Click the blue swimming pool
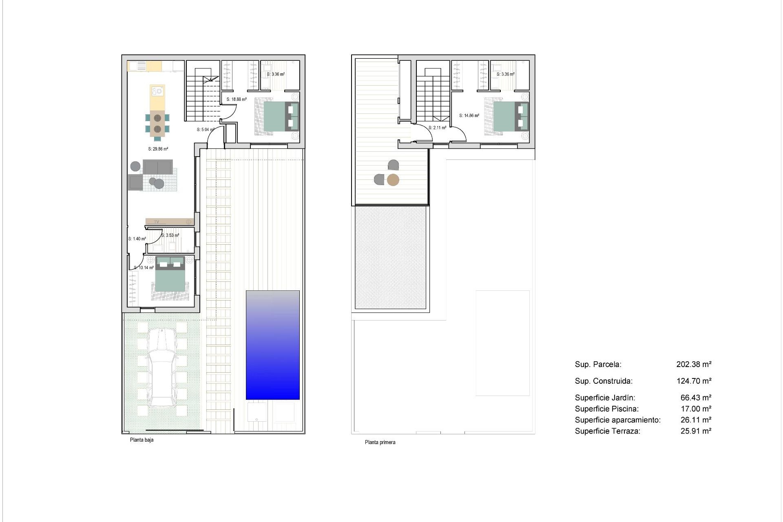point(272,345)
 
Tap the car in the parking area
point(162,369)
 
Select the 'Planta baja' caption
point(142,440)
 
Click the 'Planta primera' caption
point(380,442)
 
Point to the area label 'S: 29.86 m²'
point(158,149)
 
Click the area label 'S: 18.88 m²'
point(237,99)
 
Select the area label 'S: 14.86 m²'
point(469,115)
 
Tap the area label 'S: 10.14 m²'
point(144,268)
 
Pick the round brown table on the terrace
point(393,180)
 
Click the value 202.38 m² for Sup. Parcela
point(694,364)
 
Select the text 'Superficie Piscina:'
point(607,409)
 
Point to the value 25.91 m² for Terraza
point(696,431)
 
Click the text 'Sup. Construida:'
point(604,381)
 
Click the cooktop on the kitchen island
point(157,91)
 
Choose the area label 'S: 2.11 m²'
point(437,128)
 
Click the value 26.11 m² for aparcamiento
point(696,420)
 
